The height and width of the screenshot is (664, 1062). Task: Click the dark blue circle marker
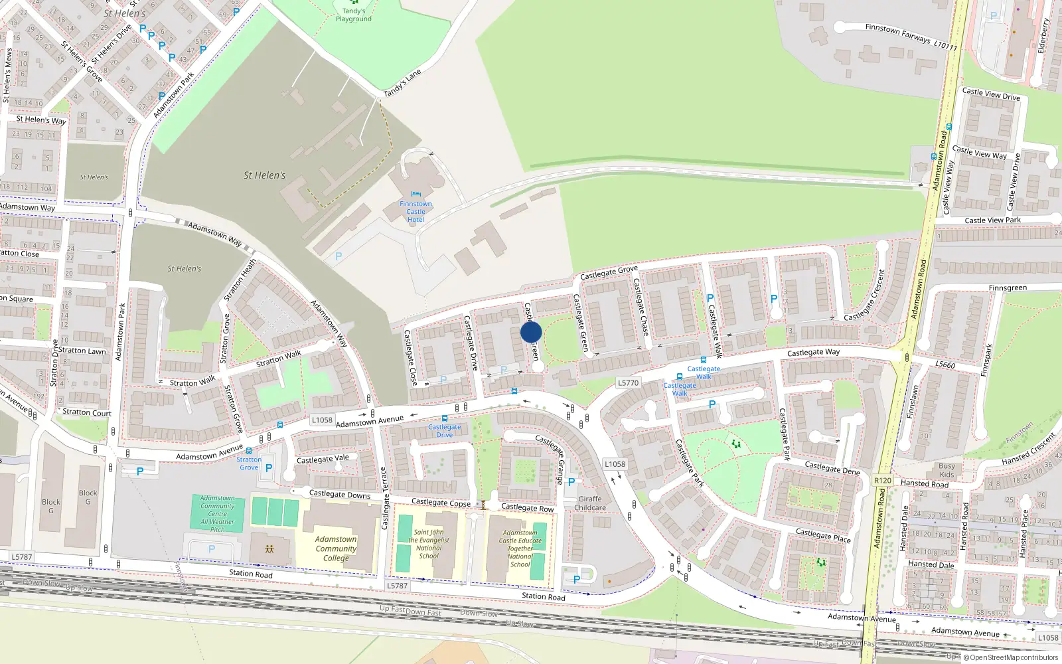pyautogui.click(x=531, y=332)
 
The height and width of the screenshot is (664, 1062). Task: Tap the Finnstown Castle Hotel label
pyautogui.click(x=416, y=211)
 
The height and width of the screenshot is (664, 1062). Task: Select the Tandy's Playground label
pyautogui.click(x=354, y=15)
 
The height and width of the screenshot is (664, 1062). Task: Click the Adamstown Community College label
pyautogui.click(x=336, y=548)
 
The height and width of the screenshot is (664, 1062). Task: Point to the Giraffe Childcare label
pyautogui.click(x=590, y=503)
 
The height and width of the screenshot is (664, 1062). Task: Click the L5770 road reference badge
pyautogui.click(x=628, y=383)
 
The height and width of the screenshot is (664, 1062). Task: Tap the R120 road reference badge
pyautogui.click(x=883, y=481)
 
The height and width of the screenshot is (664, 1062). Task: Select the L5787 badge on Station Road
pyautogui.click(x=397, y=586)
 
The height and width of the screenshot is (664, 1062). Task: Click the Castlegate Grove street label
pyautogui.click(x=609, y=272)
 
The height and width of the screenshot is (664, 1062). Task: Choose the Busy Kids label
pyautogui.click(x=947, y=470)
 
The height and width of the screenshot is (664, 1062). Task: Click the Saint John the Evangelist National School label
pyautogui.click(x=429, y=544)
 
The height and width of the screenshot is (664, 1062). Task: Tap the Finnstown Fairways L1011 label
pyautogui.click(x=911, y=37)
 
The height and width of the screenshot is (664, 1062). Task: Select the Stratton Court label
pyautogui.click(x=87, y=412)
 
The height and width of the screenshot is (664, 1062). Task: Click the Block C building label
pyautogui.click(x=88, y=497)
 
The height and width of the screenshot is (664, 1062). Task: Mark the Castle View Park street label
pyautogui.click(x=992, y=220)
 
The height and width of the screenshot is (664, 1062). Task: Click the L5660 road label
pyautogui.click(x=945, y=365)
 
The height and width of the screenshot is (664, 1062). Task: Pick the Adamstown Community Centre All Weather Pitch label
pyautogui.click(x=218, y=513)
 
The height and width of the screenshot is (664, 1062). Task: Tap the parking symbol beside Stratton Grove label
pyautogui.click(x=269, y=468)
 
